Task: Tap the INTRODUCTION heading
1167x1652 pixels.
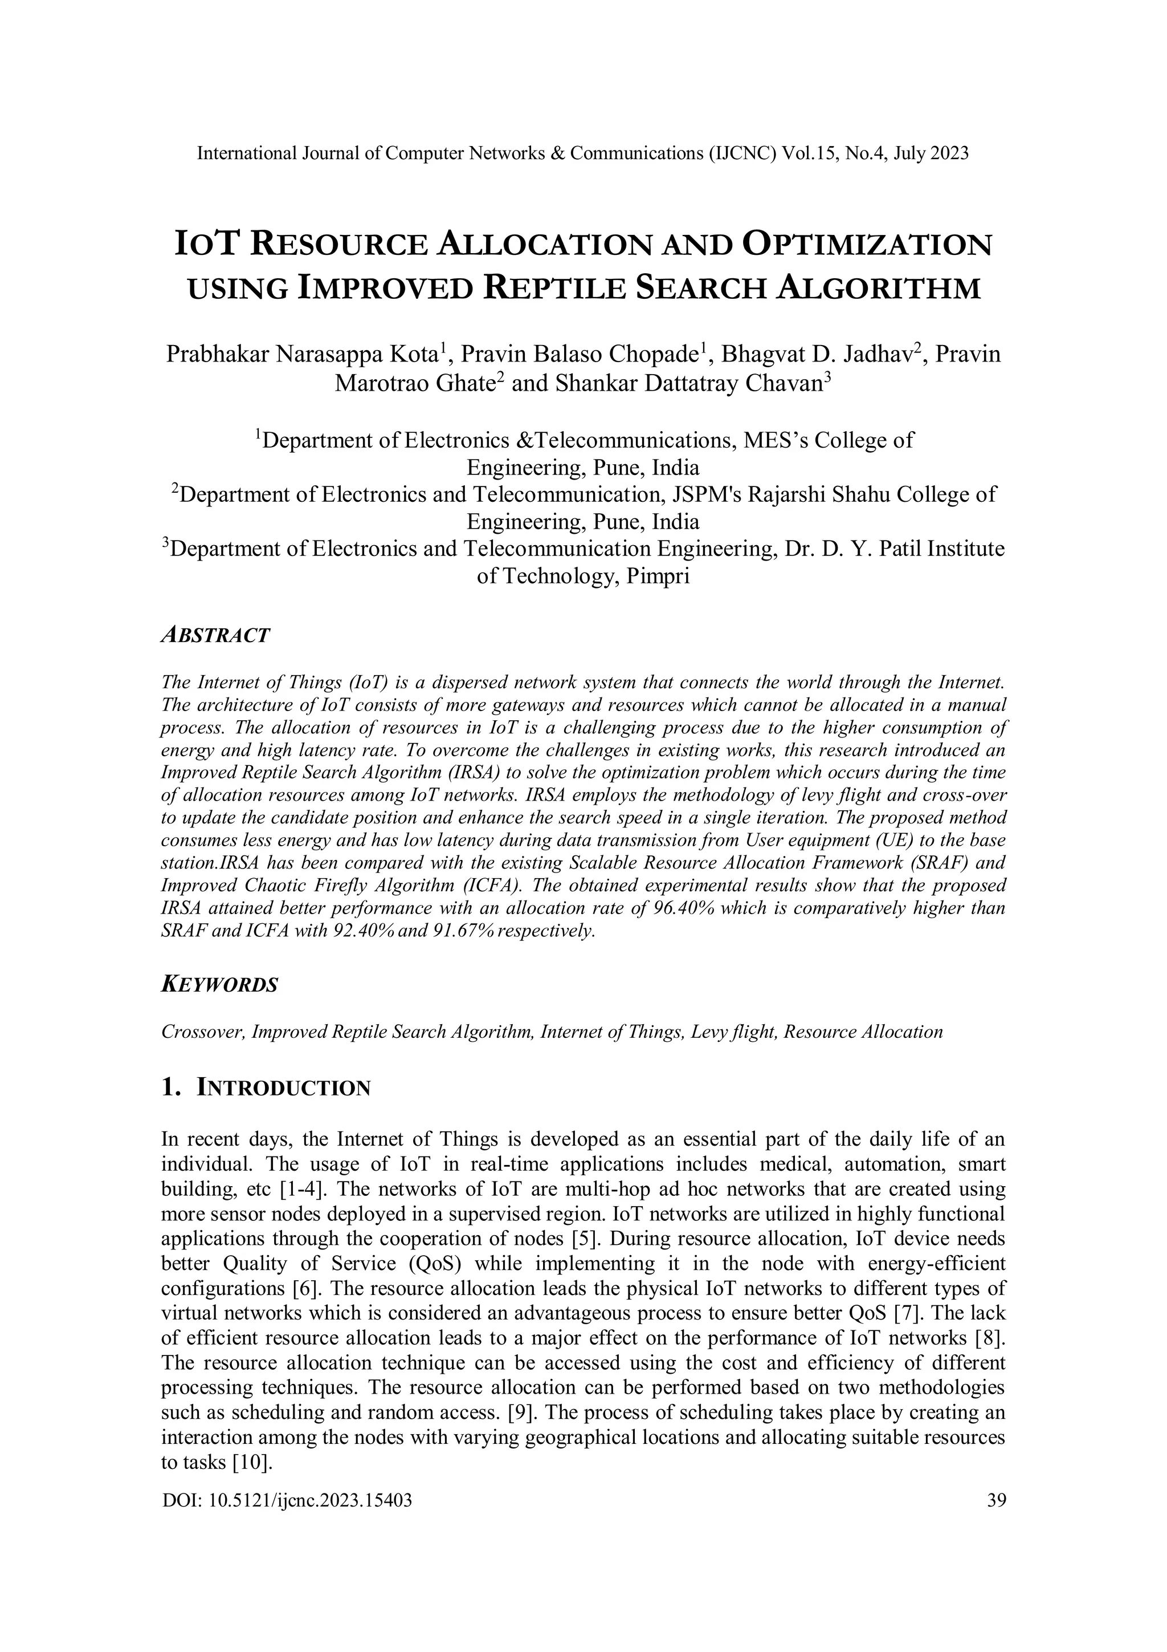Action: tap(283, 1088)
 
